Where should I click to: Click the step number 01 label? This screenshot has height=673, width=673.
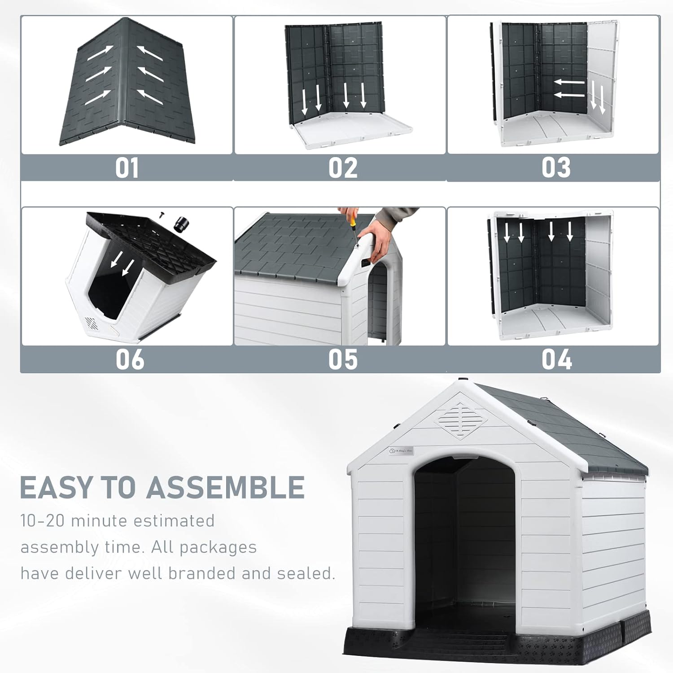point(127,168)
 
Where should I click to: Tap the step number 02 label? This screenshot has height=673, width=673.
point(343,168)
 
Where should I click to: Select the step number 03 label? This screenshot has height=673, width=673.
point(556,168)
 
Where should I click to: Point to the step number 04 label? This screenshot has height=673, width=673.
point(556,360)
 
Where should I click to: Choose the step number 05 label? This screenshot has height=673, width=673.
point(343,360)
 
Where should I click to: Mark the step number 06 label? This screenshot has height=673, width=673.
point(130,360)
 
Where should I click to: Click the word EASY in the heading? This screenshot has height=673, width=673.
point(56,488)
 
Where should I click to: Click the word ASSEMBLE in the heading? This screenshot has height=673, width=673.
point(226,488)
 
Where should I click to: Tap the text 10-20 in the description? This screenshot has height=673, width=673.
point(43,521)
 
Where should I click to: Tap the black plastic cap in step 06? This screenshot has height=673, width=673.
point(182,223)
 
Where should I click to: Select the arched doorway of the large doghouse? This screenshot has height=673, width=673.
point(464,538)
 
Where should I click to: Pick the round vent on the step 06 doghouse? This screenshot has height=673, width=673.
point(91,323)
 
